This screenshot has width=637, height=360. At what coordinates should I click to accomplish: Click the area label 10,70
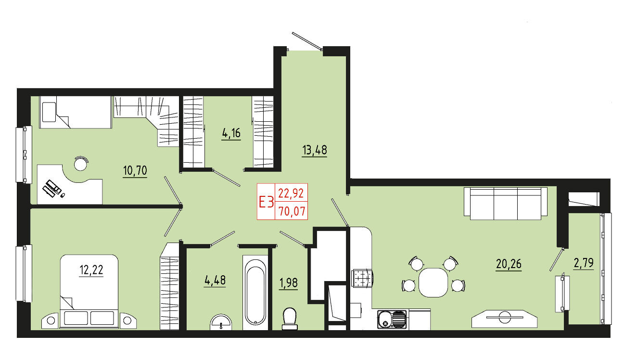135,170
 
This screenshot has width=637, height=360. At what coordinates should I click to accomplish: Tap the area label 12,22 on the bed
91,270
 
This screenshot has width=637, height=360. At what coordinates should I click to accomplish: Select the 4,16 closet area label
231,133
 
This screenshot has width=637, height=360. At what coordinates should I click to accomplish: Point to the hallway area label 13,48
315,150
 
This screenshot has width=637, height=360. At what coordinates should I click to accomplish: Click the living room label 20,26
509,264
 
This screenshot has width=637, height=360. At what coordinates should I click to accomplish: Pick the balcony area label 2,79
584,263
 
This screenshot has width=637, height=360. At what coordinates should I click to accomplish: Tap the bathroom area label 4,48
215,280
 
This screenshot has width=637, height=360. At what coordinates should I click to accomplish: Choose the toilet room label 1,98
289,283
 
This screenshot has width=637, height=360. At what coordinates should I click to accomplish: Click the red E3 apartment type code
266,202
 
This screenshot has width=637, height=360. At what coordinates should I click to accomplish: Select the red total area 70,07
292,211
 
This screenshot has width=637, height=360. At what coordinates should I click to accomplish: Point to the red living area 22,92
291,193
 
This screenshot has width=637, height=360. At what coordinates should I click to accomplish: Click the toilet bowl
290,319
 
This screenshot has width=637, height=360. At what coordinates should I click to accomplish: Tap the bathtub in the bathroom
255,293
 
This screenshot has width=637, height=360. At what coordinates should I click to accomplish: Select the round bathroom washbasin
221,322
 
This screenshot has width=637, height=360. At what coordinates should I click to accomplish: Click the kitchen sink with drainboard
392,319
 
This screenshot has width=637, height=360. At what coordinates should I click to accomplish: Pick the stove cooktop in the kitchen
362,278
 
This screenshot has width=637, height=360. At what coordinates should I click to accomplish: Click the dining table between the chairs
433,283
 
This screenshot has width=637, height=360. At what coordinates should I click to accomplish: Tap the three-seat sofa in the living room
506,204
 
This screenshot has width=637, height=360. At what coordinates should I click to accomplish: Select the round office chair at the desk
80,164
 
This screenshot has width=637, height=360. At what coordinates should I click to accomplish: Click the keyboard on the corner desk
51,188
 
